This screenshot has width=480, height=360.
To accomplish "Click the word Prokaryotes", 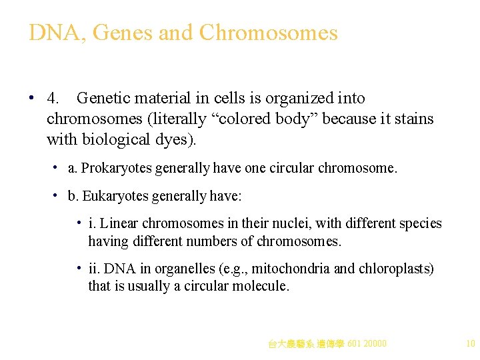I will click(116, 169).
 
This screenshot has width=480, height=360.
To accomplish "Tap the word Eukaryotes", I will click(114, 196).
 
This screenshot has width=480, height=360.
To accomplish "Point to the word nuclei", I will click(280, 224).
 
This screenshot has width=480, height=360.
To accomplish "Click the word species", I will click(417, 224).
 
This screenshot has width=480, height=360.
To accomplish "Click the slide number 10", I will click(470, 344).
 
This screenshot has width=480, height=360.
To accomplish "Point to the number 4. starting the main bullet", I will click(53, 99).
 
